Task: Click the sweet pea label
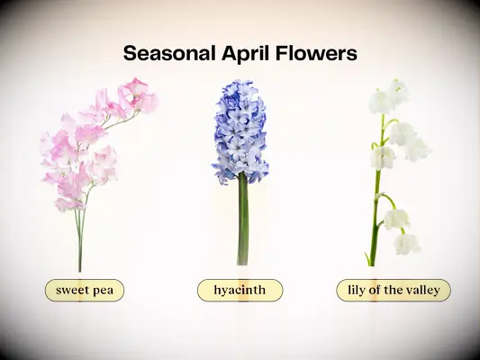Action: tap(84, 290)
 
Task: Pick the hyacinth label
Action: tap(240, 290)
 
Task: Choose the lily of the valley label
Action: tap(393, 290)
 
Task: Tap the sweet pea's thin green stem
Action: tap(80, 234)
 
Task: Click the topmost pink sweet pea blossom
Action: tap(136, 87)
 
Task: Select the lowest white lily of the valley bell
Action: tap(406, 243)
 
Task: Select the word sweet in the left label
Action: tap(72, 290)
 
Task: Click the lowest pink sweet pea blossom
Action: tap(68, 204)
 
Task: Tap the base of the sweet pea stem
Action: tap(79, 269)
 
